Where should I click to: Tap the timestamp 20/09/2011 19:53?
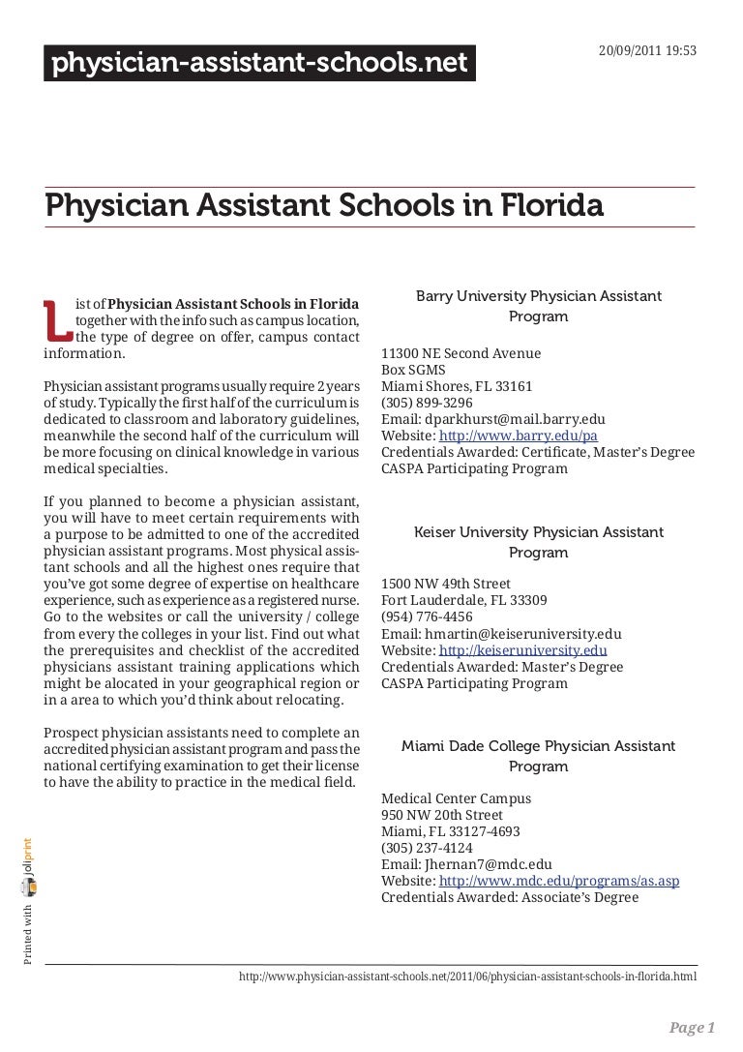(x=647, y=22)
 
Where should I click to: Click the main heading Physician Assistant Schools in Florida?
(x=324, y=206)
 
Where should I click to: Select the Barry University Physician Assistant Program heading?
(x=538, y=305)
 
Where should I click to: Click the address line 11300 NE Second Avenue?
(x=461, y=353)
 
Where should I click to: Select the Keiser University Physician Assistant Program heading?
(x=538, y=542)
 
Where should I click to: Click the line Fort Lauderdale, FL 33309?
(x=463, y=601)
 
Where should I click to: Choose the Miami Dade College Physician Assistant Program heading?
(x=538, y=756)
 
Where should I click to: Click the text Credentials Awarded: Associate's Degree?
(x=510, y=897)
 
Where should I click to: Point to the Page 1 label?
(x=693, y=1028)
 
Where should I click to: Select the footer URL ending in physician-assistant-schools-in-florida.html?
(x=467, y=977)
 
